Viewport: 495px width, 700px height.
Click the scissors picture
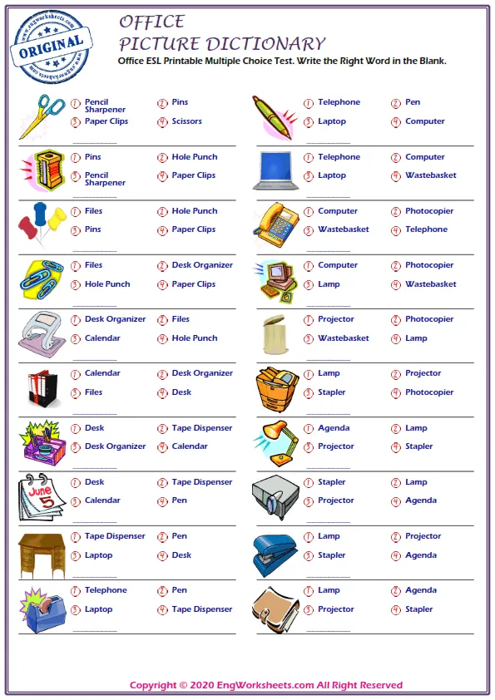click(x=42, y=116)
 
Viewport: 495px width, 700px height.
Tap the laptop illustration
click(x=277, y=169)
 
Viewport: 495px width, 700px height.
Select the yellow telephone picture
click(x=276, y=223)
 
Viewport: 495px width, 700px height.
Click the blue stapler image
click(x=275, y=551)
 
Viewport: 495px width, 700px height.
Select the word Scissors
click(x=187, y=121)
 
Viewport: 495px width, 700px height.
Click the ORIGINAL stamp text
click(x=50, y=45)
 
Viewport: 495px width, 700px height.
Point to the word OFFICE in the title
click(x=151, y=22)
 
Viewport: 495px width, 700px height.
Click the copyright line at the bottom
click(x=266, y=685)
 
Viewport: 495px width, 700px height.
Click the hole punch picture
click(x=41, y=333)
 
